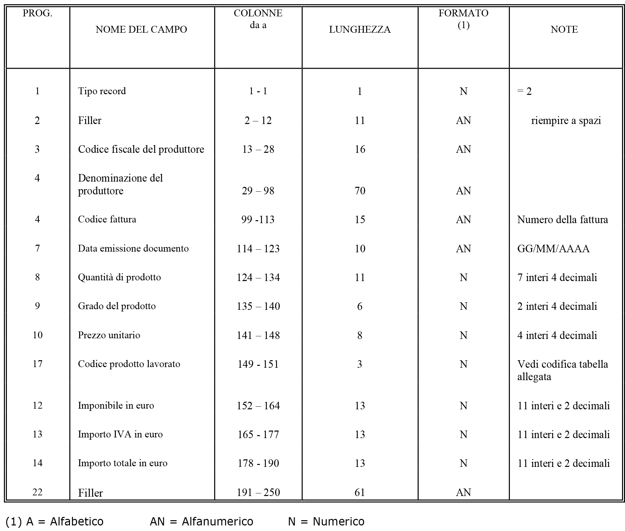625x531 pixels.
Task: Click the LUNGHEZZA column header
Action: pos(359,29)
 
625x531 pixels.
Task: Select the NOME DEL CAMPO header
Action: pos(141,29)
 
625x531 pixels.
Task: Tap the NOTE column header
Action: pos(564,29)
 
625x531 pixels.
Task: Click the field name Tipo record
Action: pos(102,91)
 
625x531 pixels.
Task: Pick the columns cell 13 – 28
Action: pos(258,149)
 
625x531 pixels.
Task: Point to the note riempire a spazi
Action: pos(566,120)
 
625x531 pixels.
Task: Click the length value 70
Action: pos(359,191)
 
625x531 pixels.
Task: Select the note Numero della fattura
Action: pos(562,219)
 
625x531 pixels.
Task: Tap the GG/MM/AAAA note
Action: pos(553,249)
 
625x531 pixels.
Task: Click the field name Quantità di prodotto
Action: pos(119,277)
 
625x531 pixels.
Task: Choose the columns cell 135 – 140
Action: pos(258,306)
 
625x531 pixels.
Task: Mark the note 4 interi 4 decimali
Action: pos(557,335)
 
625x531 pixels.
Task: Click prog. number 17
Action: pos(37,364)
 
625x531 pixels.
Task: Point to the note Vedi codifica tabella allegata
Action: pos(562,370)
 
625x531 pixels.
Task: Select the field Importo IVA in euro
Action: pos(120,434)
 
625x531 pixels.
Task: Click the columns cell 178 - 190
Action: pos(258,463)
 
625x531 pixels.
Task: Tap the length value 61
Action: pos(359,492)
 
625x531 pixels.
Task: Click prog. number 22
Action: pos(37,492)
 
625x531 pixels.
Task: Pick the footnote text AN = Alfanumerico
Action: pos(201,521)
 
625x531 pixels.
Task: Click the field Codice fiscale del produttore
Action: pos(141,149)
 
